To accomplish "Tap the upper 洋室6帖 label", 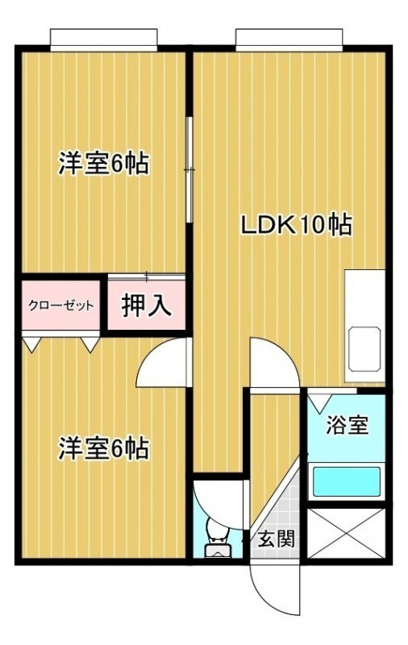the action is click(104, 164).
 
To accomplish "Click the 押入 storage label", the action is click(147, 306).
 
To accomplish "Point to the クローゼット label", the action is click(60, 306).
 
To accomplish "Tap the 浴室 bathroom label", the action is click(347, 425).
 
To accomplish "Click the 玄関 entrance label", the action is click(277, 539).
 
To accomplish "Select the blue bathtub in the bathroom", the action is click(346, 481).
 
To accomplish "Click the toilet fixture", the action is click(217, 537).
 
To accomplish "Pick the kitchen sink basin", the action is click(364, 349).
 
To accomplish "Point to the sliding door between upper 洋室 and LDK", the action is click(189, 170).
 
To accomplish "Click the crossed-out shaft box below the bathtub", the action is click(346, 534).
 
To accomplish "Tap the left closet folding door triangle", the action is click(31, 344).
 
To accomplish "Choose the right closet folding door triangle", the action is click(90, 344).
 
